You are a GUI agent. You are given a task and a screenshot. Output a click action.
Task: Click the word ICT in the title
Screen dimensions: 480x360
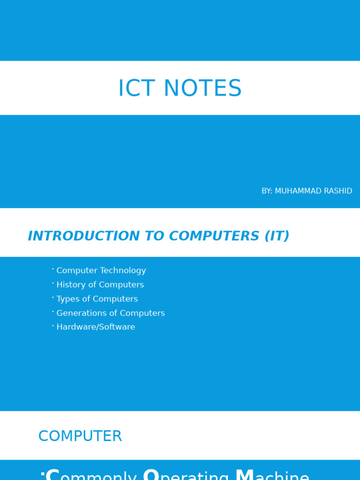134,89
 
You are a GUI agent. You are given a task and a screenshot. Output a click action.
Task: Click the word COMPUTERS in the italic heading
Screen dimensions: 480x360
214,236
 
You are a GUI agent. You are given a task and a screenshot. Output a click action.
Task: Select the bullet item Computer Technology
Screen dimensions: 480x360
101,271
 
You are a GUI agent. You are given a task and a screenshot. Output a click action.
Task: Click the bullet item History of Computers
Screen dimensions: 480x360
100,285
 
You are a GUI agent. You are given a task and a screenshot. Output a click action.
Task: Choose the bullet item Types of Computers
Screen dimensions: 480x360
97,299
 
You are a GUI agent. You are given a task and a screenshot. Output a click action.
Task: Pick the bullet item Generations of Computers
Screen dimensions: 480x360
111,313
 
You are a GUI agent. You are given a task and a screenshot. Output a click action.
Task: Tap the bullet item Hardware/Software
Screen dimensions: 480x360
96,327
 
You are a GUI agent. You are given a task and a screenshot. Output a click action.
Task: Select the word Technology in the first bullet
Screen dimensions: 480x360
123,271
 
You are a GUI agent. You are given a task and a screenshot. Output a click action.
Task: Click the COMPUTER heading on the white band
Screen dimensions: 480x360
80,436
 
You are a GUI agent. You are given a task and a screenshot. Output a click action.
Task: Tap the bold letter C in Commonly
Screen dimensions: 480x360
53,474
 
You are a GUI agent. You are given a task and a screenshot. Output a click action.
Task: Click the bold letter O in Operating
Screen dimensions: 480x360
151,474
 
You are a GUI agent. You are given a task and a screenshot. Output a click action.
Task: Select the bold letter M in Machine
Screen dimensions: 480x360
244,474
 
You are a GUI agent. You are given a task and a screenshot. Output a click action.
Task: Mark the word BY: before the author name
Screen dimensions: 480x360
267,191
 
